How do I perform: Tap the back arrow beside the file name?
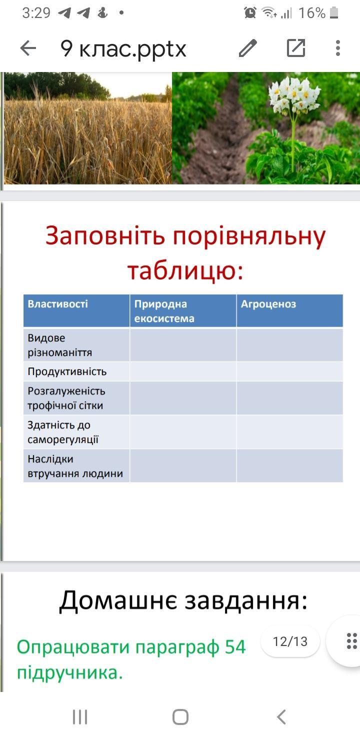(28, 48)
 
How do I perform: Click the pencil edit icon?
(247, 48)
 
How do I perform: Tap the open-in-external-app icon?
(295, 48)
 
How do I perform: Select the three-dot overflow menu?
(337, 48)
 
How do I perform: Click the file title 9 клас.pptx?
(123, 49)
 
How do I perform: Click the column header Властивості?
(58, 304)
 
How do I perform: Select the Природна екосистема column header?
(164, 311)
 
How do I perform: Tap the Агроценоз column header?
(268, 304)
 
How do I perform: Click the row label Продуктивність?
(67, 371)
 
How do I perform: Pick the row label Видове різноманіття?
(60, 345)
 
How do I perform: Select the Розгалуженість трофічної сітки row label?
(66, 398)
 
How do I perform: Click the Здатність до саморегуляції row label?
(63, 432)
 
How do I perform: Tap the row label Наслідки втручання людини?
(75, 466)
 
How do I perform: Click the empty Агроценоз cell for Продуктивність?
(289, 371)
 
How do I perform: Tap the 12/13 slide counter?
(290, 641)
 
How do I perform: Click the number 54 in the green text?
(235, 646)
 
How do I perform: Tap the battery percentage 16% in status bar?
(312, 13)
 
